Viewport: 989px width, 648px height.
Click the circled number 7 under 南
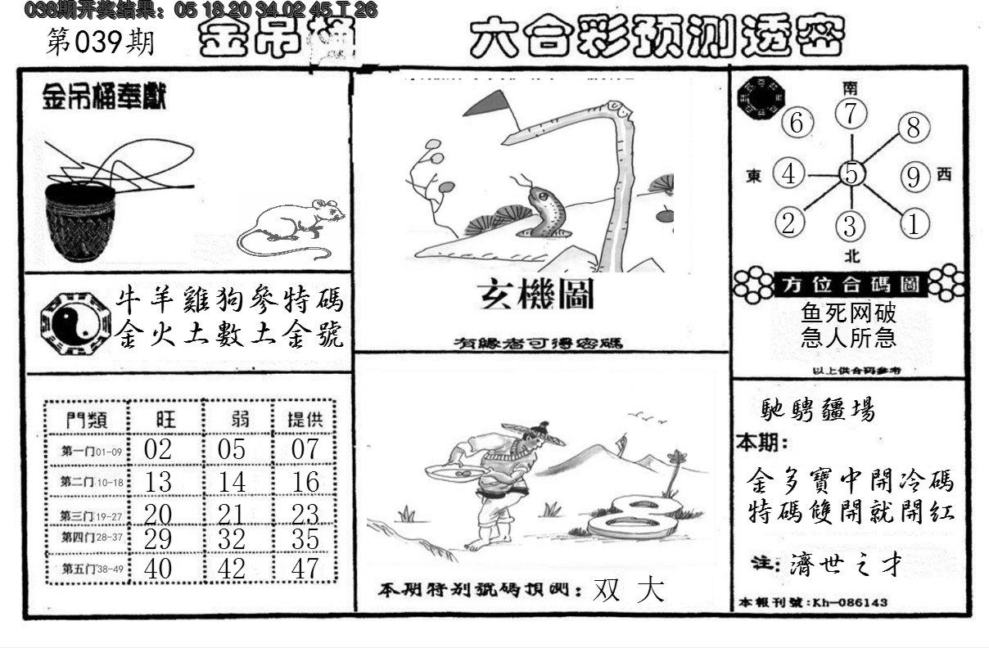(851, 114)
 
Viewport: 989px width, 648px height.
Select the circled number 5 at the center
(851, 173)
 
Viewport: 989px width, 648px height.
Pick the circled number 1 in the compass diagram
(914, 223)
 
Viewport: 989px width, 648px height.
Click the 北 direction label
(851, 256)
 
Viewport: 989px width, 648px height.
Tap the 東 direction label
(754, 175)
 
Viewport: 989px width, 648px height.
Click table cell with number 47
(305, 569)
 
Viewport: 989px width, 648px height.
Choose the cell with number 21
(233, 513)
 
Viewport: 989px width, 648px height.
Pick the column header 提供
(305, 419)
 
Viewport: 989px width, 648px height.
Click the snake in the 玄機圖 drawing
(545, 212)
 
